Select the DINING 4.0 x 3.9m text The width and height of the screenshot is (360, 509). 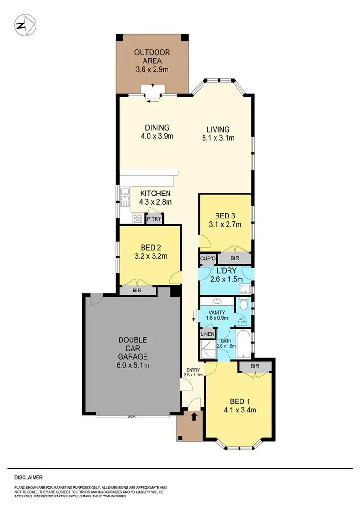(157, 132)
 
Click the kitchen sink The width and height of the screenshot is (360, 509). (125, 196)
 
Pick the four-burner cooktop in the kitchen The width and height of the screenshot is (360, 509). (137, 218)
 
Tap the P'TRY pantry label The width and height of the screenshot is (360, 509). (154, 219)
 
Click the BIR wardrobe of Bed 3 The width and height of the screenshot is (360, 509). (235, 258)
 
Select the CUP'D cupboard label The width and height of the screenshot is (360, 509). (207, 258)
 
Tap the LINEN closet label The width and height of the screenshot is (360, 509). (208, 334)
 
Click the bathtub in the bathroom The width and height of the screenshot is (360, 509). (243, 344)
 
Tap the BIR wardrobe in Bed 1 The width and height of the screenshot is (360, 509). (255, 366)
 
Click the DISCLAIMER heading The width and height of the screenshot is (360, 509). (28, 478)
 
